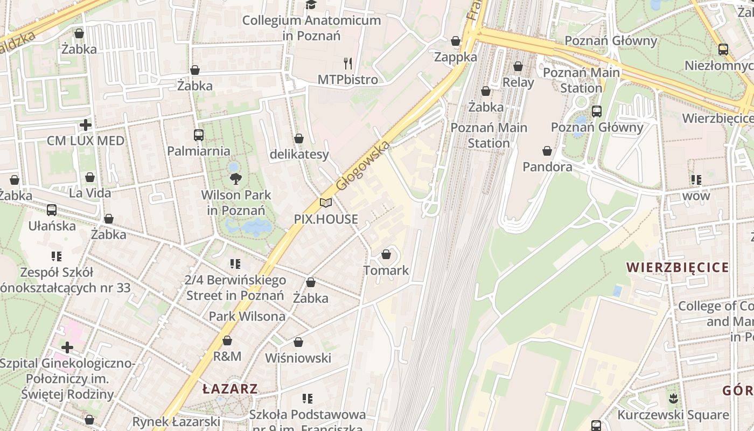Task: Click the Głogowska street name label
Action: pyautogui.click(x=362, y=165)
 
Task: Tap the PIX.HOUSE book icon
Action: pyautogui.click(x=325, y=203)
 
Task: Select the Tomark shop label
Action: pyautogui.click(x=386, y=270)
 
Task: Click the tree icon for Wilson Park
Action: pyautogui.click(x=235, y=179)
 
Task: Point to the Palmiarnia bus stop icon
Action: pyautogui.click(x=199, y=135)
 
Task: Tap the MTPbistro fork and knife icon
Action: pyautogui.click(x=348, y=64)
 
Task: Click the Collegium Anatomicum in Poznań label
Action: pyautogui.click(x=311, y=28)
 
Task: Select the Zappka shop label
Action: pyautogui.click(x=456, y=57)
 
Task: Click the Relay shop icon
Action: pyautogui.click(x=518, y=67)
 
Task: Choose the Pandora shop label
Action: pyautogui.click(x=547, y=167)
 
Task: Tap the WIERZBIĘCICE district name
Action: pyautogui.click(x=678, y=268)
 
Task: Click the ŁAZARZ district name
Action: pyautogui.click(x=230, y=389)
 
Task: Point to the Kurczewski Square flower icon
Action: pyautogui.click(x=673, y=399)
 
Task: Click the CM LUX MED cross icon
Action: pyautogui.click(x=85, y=125)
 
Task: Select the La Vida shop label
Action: pyautogui.click(x=90, y=193)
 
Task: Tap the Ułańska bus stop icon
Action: pyautogui.click(x=52, y=210)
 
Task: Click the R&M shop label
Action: pyautogui.click(x=227, y=356)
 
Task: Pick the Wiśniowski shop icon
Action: pyautogui.click(x=298, y=342)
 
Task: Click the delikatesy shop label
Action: pyautogui.click(x=299, y=155)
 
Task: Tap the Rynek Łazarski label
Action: pyautogui.click(x=176, y=421)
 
